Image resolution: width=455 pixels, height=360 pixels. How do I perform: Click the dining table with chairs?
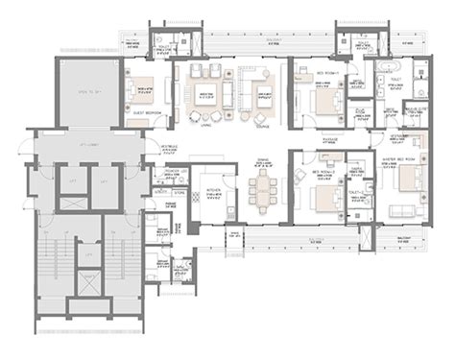tap(259, 188)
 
